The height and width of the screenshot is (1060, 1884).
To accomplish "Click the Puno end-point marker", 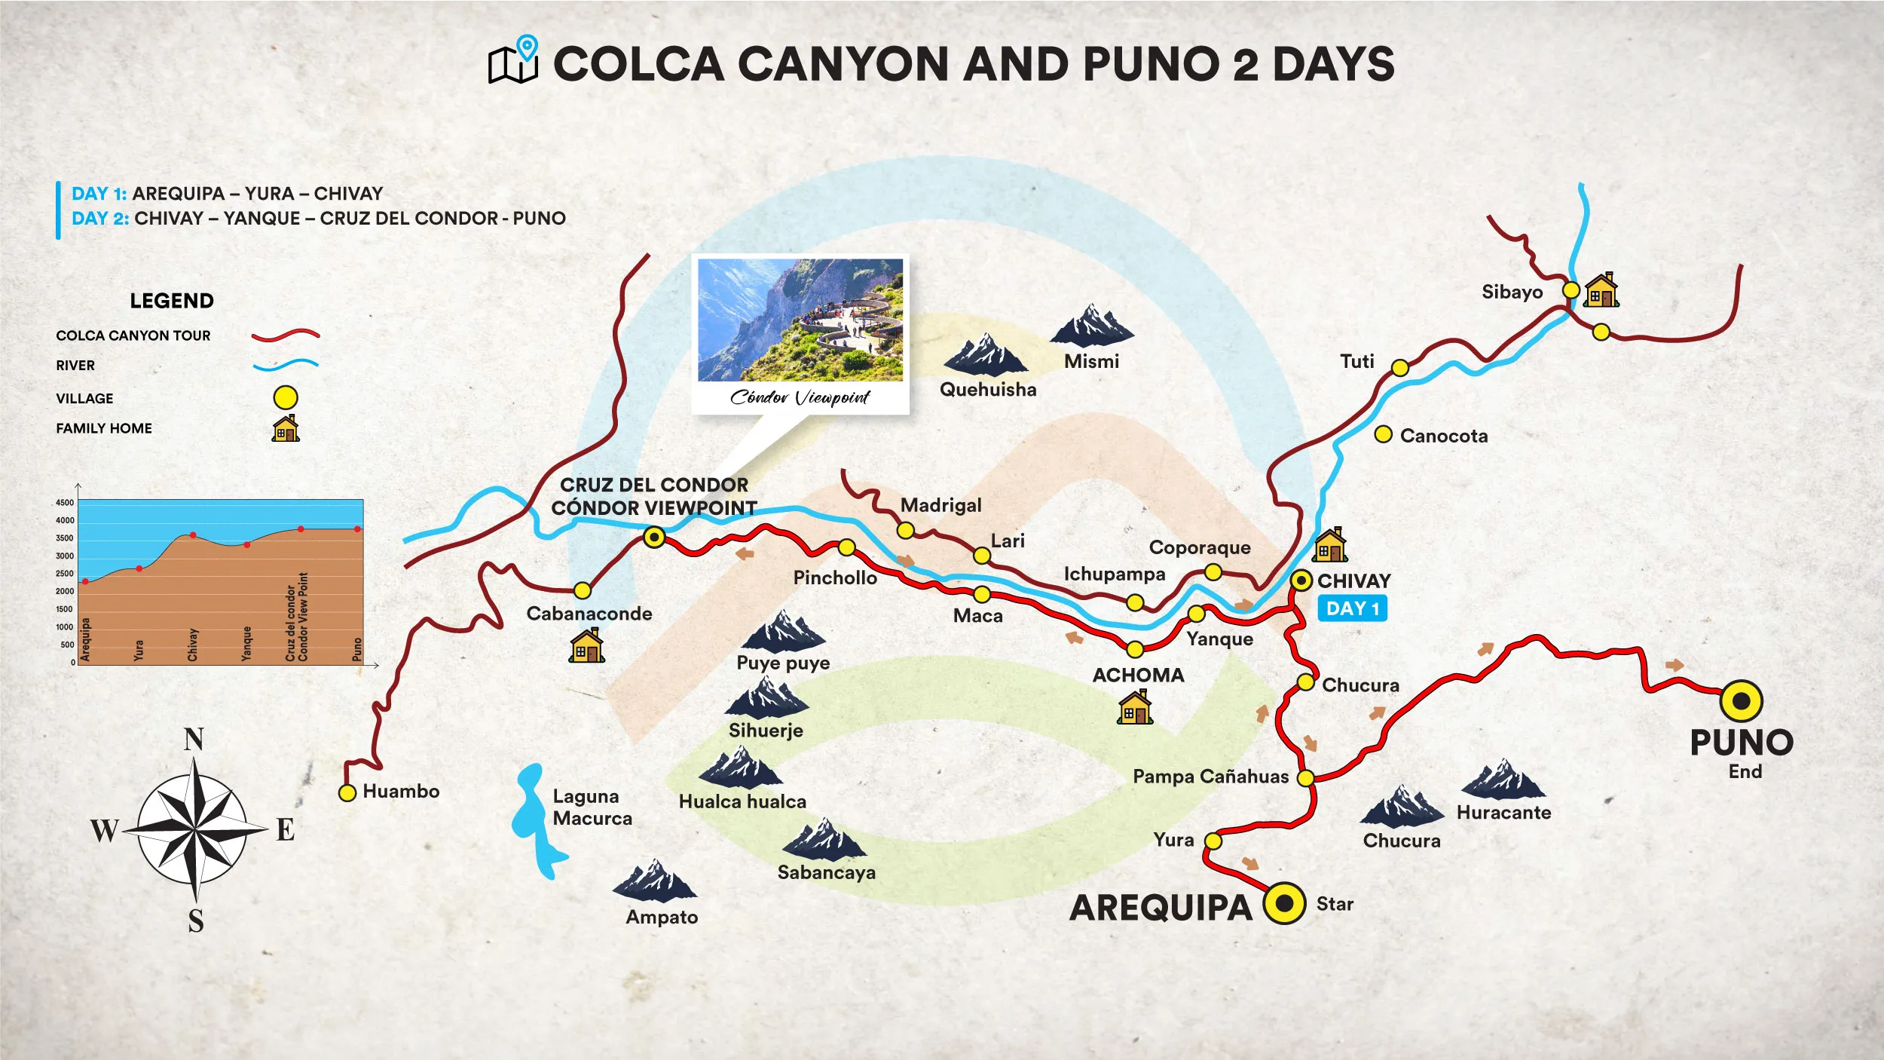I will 1741,701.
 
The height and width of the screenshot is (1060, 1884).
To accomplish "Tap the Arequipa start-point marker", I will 1284,903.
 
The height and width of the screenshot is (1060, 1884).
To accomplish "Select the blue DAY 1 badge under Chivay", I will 1352,608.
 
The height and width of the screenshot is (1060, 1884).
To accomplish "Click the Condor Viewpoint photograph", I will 800,320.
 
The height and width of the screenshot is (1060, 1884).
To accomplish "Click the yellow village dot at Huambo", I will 347,792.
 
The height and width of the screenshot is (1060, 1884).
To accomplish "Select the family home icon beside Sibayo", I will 1601,290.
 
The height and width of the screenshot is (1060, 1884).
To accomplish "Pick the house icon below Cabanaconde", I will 586,646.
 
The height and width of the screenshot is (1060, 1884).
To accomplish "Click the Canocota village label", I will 1443,436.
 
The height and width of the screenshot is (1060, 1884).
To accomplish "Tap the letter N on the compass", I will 194,740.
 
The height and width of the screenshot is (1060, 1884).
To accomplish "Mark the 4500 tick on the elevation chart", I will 65,503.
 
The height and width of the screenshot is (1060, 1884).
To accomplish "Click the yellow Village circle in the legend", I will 285,397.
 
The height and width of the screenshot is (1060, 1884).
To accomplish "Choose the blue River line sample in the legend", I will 286,365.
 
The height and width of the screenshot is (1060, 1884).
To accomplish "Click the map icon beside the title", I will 513,60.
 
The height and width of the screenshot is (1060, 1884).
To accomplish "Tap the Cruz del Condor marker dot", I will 654,538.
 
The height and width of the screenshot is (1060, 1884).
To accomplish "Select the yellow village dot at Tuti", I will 1399,368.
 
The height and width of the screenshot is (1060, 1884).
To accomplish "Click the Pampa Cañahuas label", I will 1210,777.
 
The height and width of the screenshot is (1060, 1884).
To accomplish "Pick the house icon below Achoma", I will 1134,707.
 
